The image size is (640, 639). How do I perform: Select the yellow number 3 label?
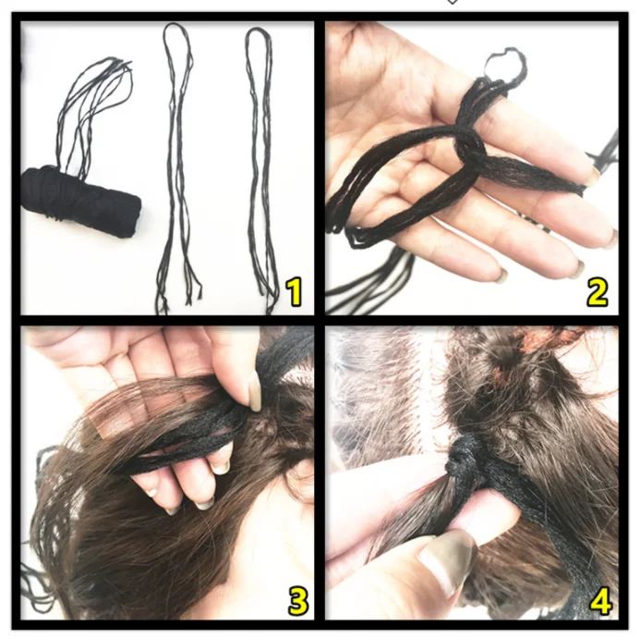(x=296, y=600)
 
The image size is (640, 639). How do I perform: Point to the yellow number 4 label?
(x=599, y=601)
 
